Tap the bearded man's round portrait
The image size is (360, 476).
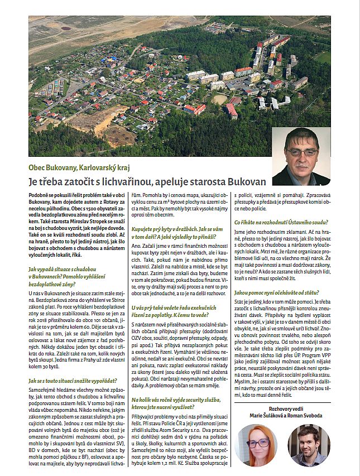(x=308, y=445)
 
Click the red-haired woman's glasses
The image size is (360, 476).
(x=257, y=443)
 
